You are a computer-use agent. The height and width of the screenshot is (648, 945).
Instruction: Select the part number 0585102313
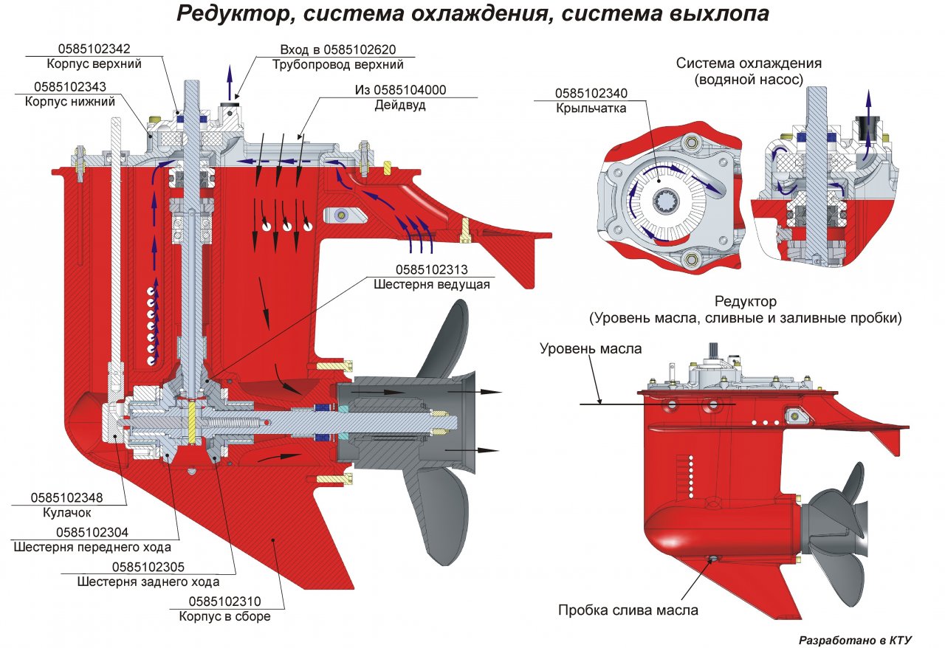[x=432, y=269]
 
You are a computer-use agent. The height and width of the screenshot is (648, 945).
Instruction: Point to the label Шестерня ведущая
[x=432, y=284]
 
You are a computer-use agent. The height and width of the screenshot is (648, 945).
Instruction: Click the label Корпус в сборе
[x=224, y=616]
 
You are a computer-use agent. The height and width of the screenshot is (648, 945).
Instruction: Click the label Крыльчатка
[x=591, y=108]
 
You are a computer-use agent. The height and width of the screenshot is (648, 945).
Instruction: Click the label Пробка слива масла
[x=628, y=610]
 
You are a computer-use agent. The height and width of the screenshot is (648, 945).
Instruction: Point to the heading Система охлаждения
[x=749, y=63]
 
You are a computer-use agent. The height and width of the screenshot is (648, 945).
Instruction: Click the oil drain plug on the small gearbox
[x=714, y=559]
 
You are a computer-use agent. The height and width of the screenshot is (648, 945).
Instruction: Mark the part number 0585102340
[x=591, y=94]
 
